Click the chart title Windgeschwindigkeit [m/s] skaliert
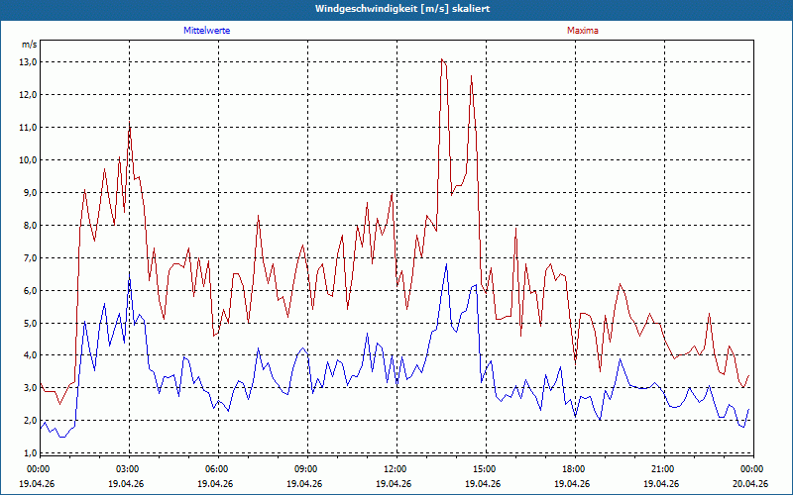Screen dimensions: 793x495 tap(402, 9)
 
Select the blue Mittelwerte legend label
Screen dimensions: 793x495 tap(207, 31)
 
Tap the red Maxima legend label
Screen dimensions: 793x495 tap(583, 31)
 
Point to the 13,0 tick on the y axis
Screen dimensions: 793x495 tap(29, 62)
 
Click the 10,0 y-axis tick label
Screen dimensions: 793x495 tap(29, 160)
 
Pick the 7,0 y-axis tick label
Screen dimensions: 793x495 tap(29, 258)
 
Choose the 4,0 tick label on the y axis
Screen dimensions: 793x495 tap(29, 355)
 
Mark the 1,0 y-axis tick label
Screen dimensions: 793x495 tap(29, 453)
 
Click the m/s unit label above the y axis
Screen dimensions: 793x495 tap(30, 45)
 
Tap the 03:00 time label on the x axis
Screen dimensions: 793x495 tap(130, 469)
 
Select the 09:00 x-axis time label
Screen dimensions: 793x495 tap(308, 469)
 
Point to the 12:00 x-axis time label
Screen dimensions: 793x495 tap(397, 469)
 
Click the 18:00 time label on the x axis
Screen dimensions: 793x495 tap(576, 469)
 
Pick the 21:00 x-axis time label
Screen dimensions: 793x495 tap(664, 469)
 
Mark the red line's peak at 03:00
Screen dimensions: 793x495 tap(130, 123)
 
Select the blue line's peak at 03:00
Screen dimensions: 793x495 tap(130, 273)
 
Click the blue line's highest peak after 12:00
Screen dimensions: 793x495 tap(446, 263)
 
